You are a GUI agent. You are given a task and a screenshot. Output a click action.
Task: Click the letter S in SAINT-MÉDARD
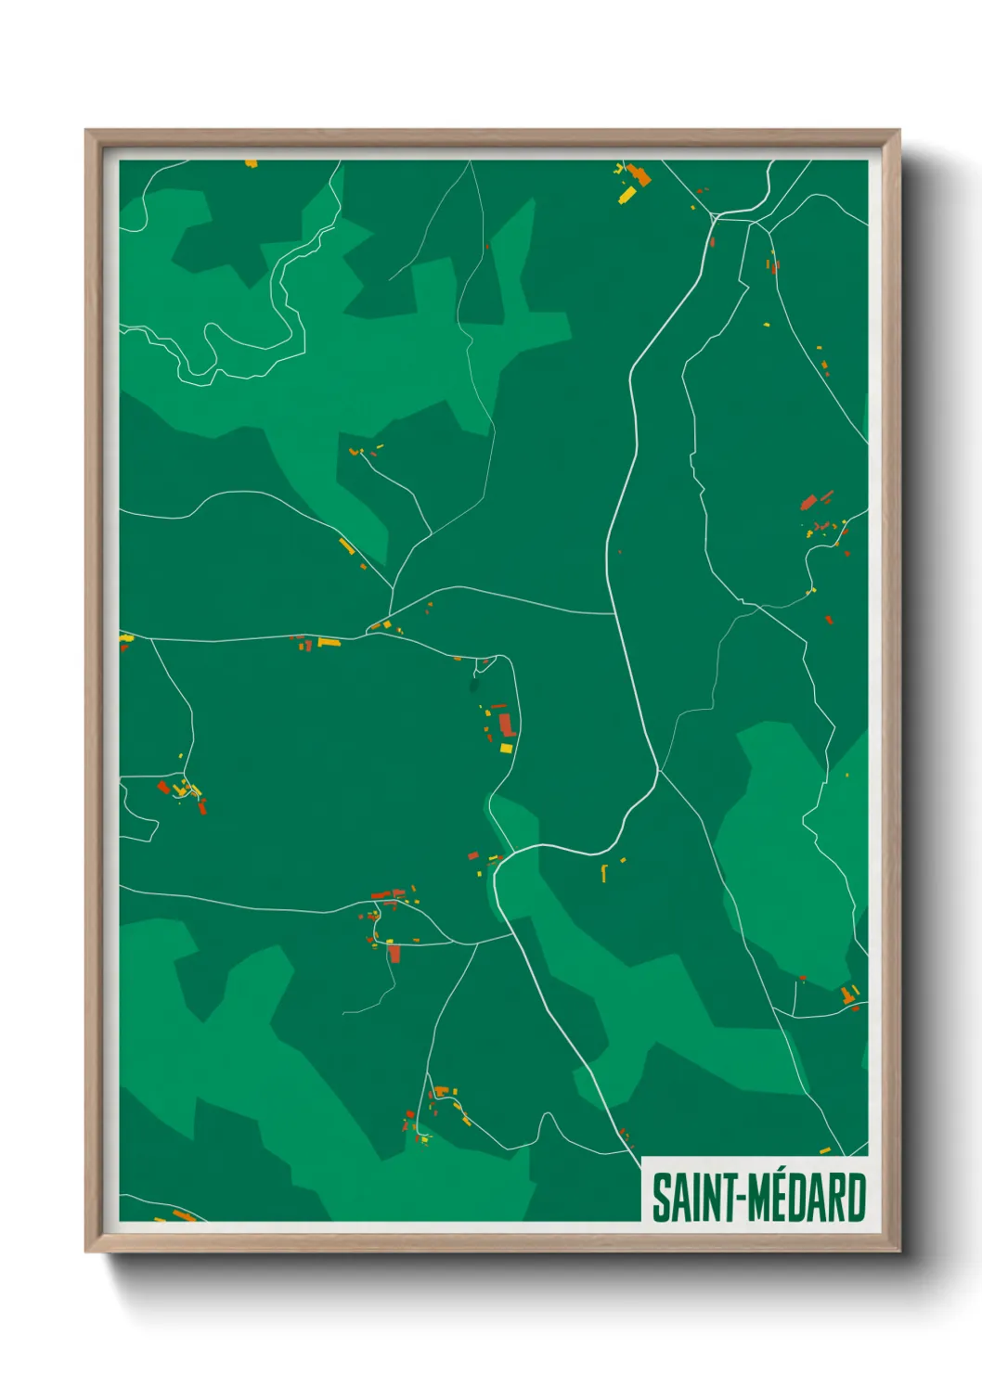662,1198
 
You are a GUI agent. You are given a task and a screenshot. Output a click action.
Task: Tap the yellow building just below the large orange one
627,195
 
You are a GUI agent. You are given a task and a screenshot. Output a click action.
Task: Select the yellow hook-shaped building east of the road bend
604,872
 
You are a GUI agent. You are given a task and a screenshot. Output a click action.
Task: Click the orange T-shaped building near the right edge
847,994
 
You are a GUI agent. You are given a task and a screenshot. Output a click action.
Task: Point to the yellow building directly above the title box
824,1151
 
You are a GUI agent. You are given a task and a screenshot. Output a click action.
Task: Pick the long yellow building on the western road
329,642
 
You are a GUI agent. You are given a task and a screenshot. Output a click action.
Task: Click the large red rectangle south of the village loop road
394,953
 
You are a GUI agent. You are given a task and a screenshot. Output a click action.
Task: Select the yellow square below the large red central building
506,748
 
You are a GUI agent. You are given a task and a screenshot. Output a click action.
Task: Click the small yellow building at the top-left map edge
251,164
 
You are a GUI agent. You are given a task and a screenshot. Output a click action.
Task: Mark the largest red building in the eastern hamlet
808,503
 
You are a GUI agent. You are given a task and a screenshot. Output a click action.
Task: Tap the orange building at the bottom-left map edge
184,1215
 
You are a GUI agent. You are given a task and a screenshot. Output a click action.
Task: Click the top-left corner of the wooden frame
86,131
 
